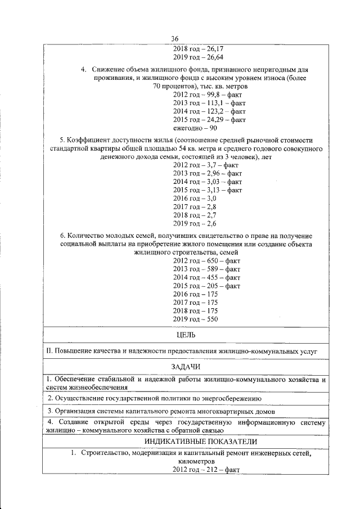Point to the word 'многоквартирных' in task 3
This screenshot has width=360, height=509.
coord(218,411)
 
